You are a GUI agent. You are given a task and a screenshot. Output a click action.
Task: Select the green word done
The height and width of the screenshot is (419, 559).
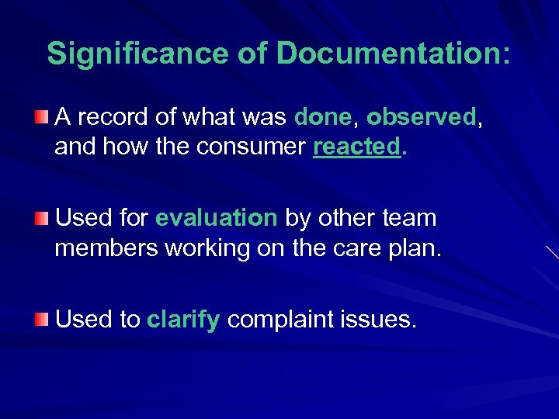pyautogui.click(x=323, y=117)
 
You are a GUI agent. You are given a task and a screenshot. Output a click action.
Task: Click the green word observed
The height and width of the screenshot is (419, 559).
pyautogui.click(x=420, y=117)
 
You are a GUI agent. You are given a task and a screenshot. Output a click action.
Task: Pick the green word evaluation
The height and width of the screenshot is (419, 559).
pyautogui.click(x=216, y=218)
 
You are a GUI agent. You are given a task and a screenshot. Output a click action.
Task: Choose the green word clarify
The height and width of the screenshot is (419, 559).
pyautogui.click(x=183, y=319)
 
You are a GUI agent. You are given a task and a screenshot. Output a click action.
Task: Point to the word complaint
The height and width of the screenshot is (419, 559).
pyautogui.click(x=282, y=319)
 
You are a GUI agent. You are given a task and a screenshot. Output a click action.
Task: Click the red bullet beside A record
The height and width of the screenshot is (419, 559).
pyautogui.click(x=42, y=117)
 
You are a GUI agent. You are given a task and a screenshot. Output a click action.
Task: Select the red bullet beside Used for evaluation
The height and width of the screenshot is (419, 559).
pyautogui.click(x=42, y=218)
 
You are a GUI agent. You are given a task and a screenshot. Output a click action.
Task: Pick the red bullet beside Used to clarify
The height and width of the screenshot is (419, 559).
pyautogui.click(x=42, y=319)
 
